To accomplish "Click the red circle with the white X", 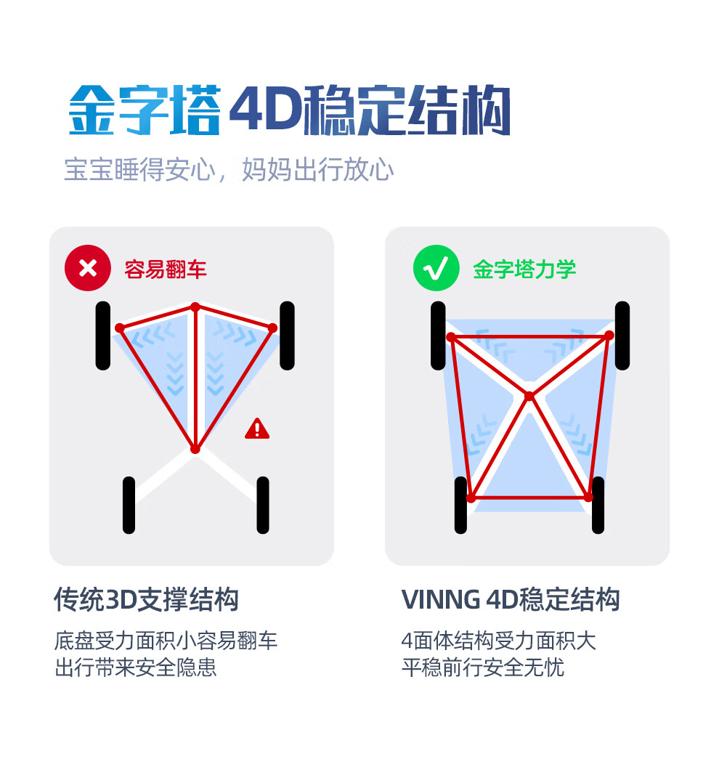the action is (88, 268).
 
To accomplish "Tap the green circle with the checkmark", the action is (436, 268).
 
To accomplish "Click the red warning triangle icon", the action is (257, 429).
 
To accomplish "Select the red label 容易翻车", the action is (166, 269).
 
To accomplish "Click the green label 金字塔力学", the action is (524, 269).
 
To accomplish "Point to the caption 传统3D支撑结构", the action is (146, 600).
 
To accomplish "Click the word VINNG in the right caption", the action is (441, 600).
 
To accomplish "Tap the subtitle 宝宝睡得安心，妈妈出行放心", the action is (229, 170).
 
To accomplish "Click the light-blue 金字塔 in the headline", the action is (145, 110).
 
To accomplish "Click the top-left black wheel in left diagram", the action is (102, 336).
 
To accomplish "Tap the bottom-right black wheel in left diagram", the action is (263, 505).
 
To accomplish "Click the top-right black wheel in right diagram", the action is (622, 336).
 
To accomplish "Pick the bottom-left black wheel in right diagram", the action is (460, 505).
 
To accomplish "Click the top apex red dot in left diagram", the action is (195, 307).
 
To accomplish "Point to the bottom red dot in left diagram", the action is (195, 449).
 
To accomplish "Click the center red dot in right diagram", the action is (529, 396).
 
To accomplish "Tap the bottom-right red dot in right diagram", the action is (588, 498).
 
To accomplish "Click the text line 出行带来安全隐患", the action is (136, 667).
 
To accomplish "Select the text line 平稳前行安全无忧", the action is (483, 667).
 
